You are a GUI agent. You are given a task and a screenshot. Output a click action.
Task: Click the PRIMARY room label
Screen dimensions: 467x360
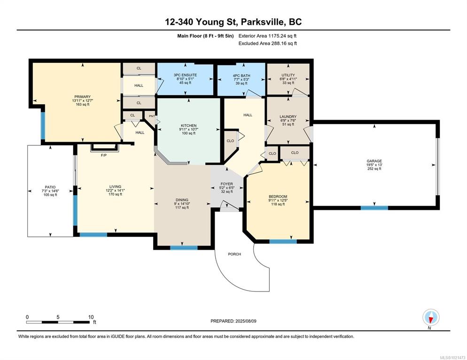pyautogui.click(x=83, y=97)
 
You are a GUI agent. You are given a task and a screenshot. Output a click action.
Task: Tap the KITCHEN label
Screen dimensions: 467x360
pyautogui.click(x=188, y=125)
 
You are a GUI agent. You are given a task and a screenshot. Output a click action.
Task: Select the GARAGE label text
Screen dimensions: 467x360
pyautogui.click(x=374, y=161)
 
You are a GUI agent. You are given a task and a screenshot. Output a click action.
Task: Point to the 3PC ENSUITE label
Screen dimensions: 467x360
pyautogui.click(x=185, y=75)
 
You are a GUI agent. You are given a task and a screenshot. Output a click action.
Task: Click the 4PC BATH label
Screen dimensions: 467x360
pyautogui.click(x=241, y=76)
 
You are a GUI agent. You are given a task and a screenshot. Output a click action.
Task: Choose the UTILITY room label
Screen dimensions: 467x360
pyautogui.click(x=288, y=75)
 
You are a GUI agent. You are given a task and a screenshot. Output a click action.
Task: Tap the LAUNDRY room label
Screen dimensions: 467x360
pyautogui.click(x=288, y=116)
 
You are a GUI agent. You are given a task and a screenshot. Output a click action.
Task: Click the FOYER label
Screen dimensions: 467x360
pyautogui.click(x=226, y=184)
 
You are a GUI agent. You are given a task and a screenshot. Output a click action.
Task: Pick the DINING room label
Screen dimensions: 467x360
pyautogui.click(x=182, y=200)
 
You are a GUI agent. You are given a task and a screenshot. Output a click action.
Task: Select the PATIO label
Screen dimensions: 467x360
pyautogui.click(x=50, y=187)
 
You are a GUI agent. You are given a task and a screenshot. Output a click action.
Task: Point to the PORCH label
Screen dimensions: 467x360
pyautogui.click(x=234, y=254)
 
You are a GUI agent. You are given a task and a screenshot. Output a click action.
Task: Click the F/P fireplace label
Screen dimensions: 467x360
pyautogui.click(x=104, y=155)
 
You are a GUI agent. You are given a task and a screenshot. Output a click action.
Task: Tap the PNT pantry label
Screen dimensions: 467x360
pyautogui.click(x=152, y=116)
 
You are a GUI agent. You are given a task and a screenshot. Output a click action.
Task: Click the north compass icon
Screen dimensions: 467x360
pyautogui.click(x=431, y=317)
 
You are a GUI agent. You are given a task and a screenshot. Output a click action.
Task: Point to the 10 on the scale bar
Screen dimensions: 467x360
pyautogui.click(x=91, y=317)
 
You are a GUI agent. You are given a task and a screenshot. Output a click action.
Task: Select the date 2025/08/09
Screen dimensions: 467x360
pyautogui.click(x=246, y=321)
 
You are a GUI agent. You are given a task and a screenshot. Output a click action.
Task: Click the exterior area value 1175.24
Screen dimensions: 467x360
pyautogui.click(x=278, y=36)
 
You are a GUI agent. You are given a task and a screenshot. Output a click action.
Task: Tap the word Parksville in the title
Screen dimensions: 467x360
pyautogui.click(x=262, y=22)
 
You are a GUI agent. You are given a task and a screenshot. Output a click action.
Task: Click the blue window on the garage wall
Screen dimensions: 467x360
pyautogui.click(x=374, y=208)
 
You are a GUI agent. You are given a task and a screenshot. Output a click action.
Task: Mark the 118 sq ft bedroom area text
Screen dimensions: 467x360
pyautogui.click(x=278, y=204)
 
